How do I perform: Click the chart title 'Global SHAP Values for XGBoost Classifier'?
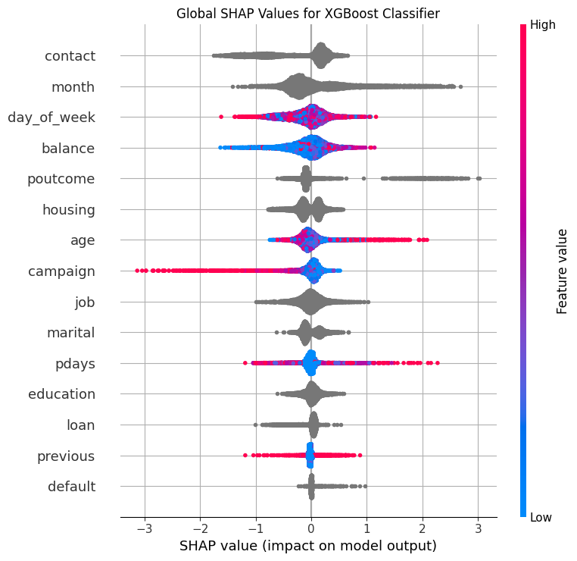(307, 14)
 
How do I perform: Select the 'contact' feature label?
(70, 56)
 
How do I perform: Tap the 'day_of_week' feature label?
(51, 118)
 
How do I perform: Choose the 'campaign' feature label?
(61, 271)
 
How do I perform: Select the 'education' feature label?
(61, 394)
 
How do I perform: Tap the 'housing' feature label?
(68, 209)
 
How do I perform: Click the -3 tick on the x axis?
(143, 528)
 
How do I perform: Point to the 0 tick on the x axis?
(311, 528)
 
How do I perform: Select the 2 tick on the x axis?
(423, 528)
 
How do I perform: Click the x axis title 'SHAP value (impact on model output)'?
(307, 545)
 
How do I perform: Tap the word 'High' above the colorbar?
(543, 24)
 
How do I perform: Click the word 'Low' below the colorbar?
(541, 517)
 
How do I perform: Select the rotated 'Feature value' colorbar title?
(562, 271)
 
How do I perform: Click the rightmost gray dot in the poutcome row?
(479, 179)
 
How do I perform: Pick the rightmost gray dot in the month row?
(460, 87)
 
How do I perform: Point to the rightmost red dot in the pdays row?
(437, 363)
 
